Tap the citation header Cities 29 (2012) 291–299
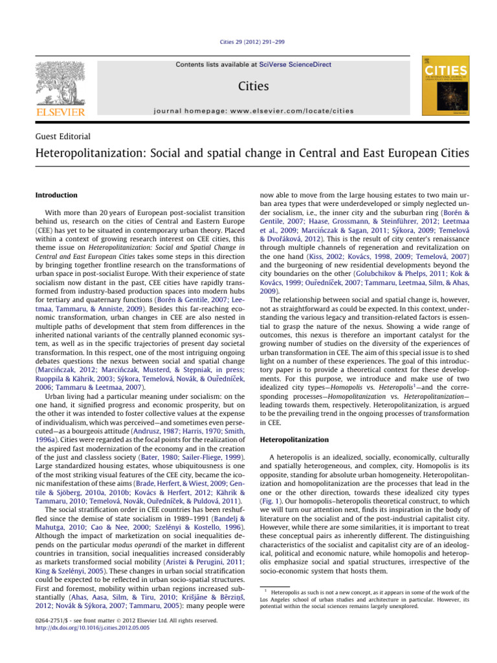248,41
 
